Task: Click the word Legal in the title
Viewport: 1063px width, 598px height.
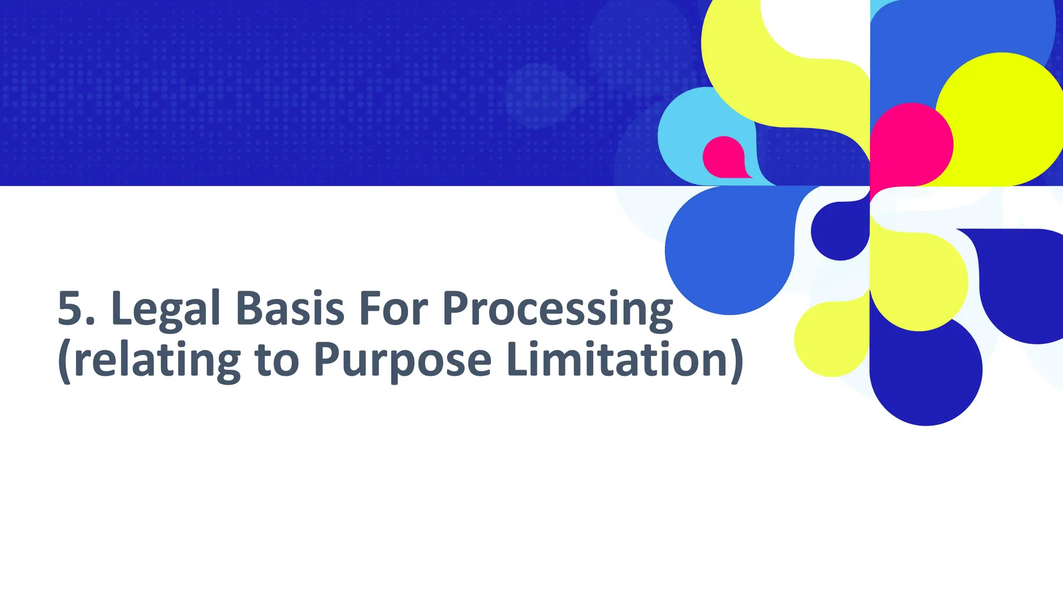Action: click(166, 309)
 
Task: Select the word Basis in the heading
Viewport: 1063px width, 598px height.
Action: click(290, 308)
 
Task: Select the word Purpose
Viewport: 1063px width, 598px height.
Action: click(402, 361)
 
